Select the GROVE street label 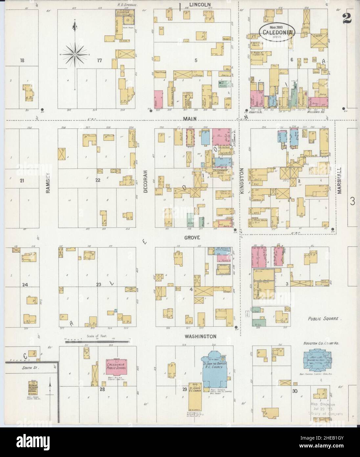193,237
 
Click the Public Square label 325,319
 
